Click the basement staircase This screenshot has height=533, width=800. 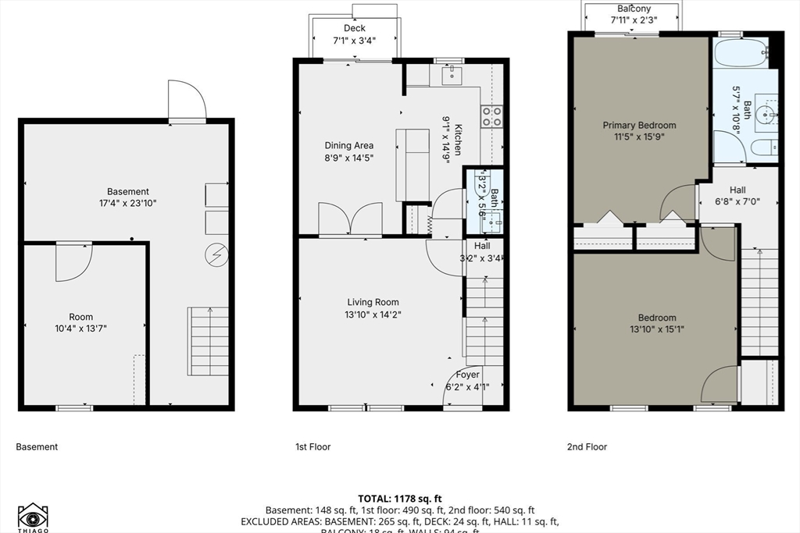[208, 341]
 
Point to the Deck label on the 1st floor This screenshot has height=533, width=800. [355, 28]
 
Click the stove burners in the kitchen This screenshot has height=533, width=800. [491, 116]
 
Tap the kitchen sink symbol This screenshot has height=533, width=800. [453, 76]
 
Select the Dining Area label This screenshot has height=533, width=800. [349, 145]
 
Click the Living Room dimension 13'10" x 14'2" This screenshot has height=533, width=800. [373, 314]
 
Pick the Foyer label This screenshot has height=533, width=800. [468, 375]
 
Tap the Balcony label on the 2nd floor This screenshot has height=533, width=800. [634, 9]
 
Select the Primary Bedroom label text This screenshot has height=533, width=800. [639, 125]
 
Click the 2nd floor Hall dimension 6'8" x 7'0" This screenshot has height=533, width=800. [737, 201]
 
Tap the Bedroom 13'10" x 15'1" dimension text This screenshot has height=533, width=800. [657, 329]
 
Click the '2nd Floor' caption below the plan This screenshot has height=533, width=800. [587, 447]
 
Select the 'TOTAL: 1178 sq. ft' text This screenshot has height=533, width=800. [400, 498]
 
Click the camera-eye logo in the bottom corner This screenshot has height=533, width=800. [33, 517]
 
